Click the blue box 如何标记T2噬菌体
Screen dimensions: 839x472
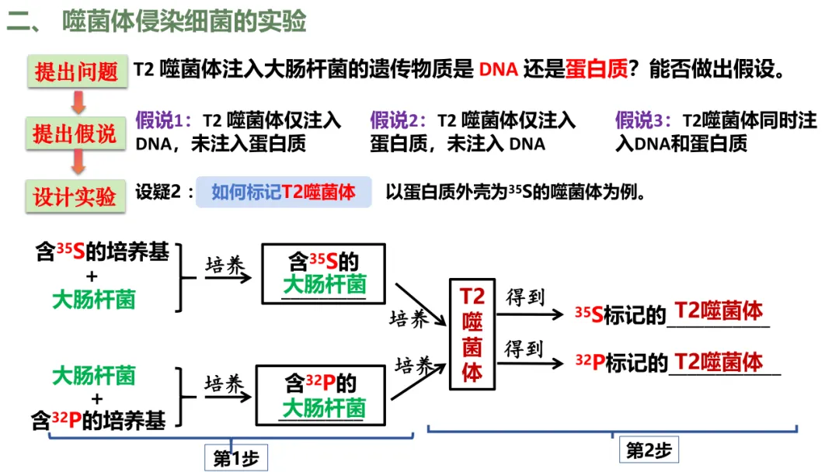point(284,193)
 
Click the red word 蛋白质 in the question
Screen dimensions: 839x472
point(597,71)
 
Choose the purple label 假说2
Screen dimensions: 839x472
point(397,120)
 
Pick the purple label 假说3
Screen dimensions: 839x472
point(642,120)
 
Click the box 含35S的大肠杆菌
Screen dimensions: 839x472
point(324,273)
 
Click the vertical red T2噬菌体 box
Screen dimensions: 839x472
point(472,334)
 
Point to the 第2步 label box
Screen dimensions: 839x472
point(648,450)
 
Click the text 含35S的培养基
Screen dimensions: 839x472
point(103,252)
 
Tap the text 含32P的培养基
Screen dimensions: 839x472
point(99,421)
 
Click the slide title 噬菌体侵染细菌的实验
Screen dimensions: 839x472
point(185,22)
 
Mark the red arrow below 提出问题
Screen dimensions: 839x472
point(78,101)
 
